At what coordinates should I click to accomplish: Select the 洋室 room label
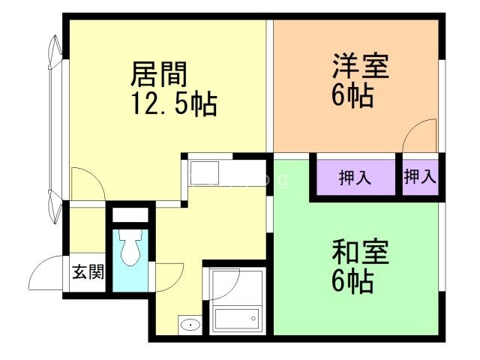(361, 66)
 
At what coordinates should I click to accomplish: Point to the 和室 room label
(361, 253)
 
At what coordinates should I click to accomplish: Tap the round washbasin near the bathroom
(190, 325)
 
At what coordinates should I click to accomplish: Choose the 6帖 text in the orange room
(352, 95)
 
